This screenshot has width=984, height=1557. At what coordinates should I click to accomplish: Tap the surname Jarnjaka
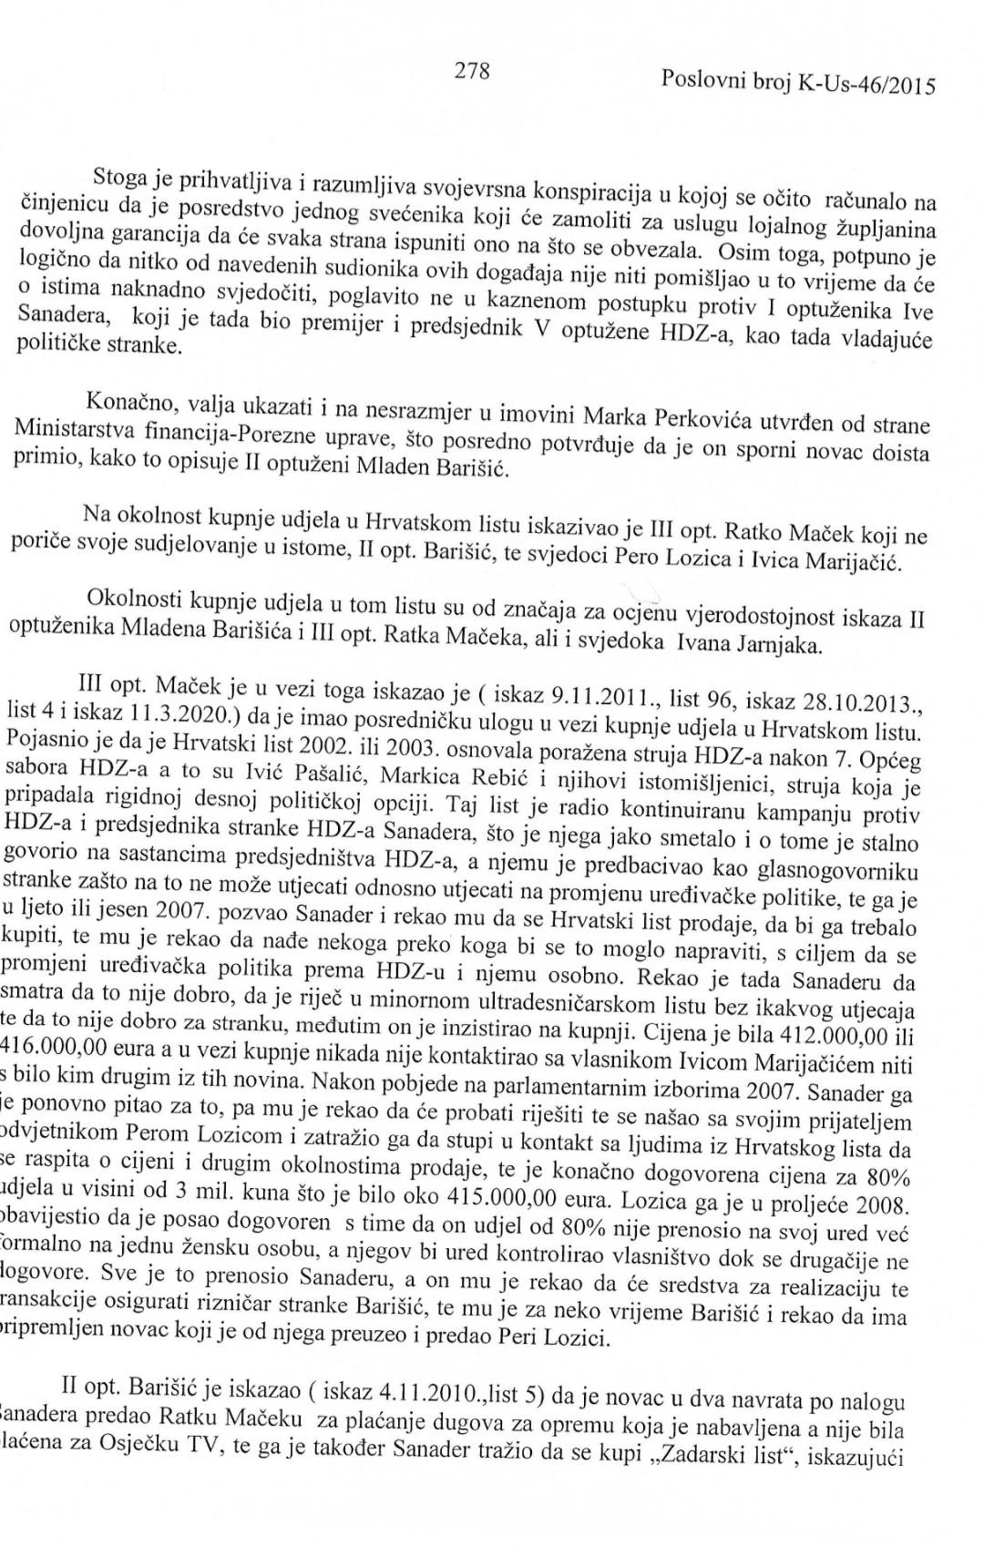780,648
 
